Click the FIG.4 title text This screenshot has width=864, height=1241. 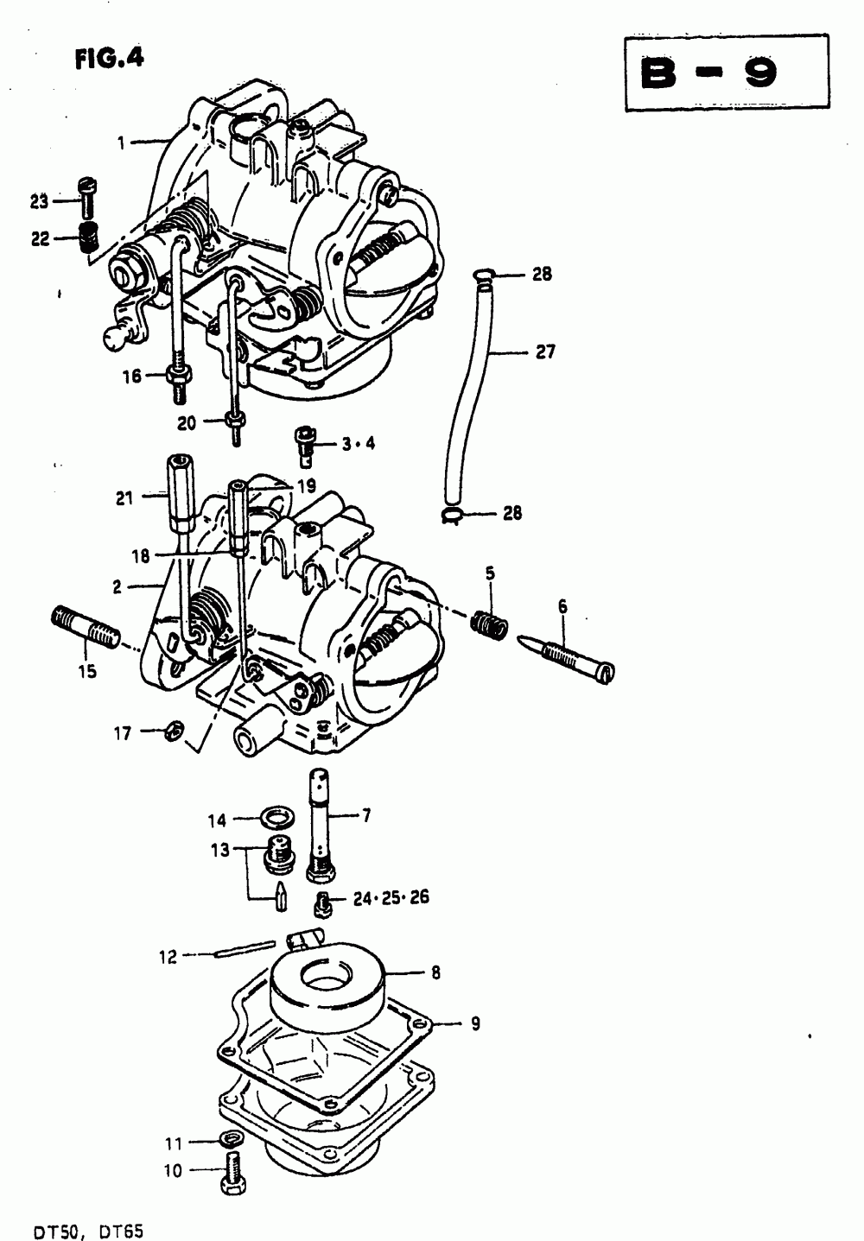click(x=109, y=58)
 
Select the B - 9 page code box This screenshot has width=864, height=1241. click(x=726, y=73)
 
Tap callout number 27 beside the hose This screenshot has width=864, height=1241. click(x=544, y=352)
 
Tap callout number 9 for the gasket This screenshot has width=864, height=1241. click(x=474, y=1024)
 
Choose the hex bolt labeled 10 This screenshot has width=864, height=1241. click(x=232, y=1171)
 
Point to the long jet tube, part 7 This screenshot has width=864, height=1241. click(x=325, y=825)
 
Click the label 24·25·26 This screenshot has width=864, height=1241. click(x=391, y=898)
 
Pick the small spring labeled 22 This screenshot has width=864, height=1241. click(x=86, y=237)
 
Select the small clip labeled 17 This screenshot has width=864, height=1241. click(x=172, y=732)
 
